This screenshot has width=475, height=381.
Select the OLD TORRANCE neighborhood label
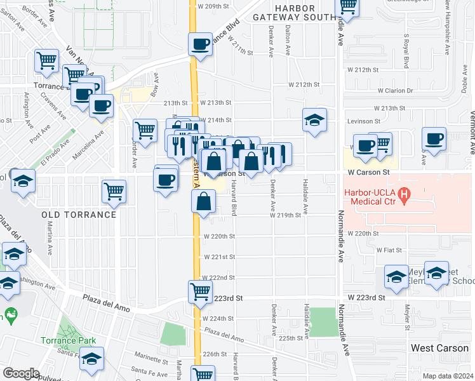[79, 215]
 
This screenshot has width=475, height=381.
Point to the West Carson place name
[439, 348]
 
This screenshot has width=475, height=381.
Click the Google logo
[21, 373]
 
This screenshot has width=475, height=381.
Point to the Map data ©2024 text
[448, 376]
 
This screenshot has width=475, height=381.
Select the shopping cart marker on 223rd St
[200, 291]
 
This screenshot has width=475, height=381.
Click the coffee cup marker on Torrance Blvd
[200, 44]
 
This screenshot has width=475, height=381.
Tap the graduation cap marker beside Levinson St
[314, 120]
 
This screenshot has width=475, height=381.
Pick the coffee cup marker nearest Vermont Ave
[434, 139]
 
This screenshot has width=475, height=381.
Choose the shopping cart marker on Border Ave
[145, 131]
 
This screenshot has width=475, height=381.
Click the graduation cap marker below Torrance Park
[92, 360]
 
